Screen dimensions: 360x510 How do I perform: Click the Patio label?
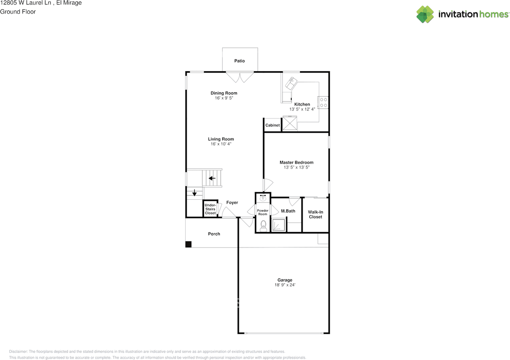(239, 61)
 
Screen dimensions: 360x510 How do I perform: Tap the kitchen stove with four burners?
(323, 102)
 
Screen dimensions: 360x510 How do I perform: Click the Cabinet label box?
(273, 125)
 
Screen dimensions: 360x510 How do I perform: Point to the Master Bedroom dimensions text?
(296, 168)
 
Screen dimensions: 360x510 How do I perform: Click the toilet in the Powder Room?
(263, 228)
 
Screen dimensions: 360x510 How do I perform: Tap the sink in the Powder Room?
(263, 198)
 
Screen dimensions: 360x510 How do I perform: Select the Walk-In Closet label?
(315, 214)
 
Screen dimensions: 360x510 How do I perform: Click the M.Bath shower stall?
(279, 225)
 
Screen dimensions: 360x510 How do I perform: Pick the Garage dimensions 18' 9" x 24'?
(285, 285)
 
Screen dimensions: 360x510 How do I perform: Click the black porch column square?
(188, 244)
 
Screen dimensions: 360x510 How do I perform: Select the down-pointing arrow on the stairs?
(194, 193)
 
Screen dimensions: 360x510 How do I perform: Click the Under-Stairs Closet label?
(210, 209)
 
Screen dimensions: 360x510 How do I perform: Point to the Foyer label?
(232, 203)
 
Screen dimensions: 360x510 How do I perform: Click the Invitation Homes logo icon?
(425, 14)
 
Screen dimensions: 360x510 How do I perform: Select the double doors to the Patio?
(239, 77)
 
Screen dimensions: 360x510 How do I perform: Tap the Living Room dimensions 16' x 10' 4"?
(221, 144)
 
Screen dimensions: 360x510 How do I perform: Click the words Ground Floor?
(18, 12)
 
